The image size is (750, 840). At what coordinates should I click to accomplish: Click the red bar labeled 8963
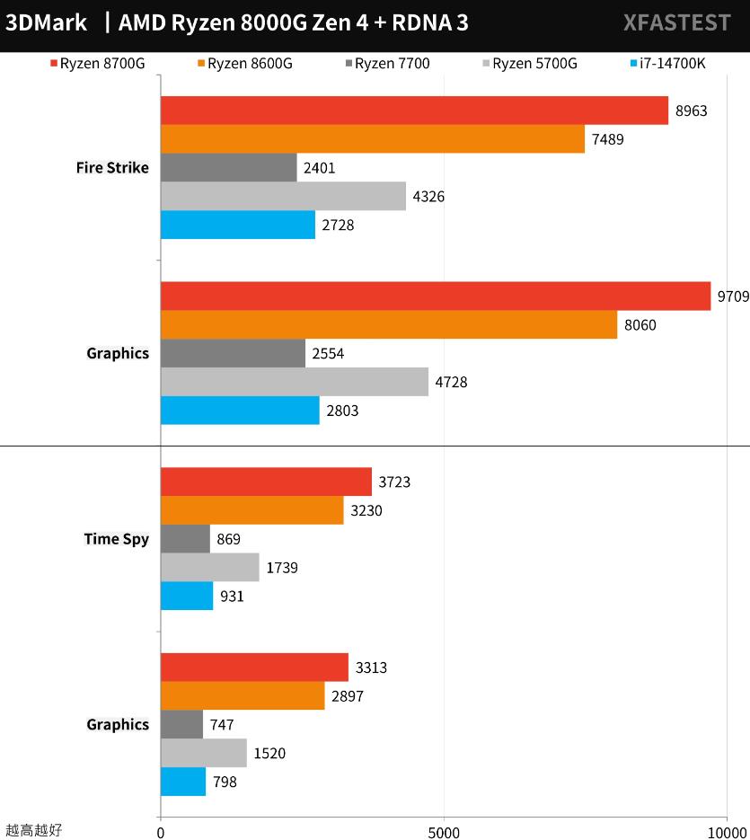point(414,111)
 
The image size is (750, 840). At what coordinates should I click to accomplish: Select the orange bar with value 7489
point(373,139)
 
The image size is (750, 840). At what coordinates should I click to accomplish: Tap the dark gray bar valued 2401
point(229,167)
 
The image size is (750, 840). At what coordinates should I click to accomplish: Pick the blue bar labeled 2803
point(240,411)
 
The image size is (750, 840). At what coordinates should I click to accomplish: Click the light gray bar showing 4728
point(295,382)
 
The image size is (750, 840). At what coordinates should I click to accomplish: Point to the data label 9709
point(732,296)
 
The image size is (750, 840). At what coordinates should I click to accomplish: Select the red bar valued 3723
point(266,482)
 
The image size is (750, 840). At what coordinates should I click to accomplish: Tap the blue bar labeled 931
point(187,596)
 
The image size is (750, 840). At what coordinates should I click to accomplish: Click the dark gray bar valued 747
point(182,724)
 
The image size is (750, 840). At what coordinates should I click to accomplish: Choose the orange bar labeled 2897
point(243,695)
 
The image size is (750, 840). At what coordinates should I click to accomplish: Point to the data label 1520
point(269,753)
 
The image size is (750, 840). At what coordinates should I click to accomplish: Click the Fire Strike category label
point(112,168)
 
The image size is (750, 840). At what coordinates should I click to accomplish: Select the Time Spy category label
point(116,539)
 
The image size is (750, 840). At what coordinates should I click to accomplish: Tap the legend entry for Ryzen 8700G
point(98,64)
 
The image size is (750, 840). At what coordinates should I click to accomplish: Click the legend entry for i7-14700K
point(674,64)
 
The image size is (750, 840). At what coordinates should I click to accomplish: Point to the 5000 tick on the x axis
point(443,832)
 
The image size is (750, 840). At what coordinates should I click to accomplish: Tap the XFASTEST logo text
point(676,23)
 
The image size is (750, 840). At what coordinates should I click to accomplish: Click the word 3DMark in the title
point(47,23)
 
